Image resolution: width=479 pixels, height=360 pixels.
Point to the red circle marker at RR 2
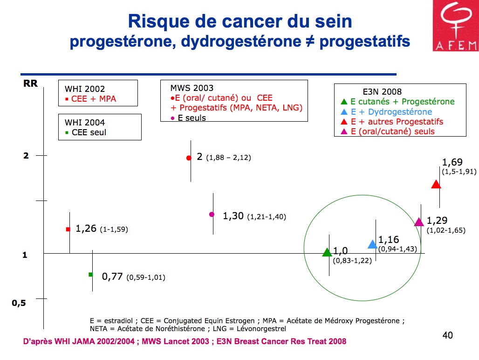(189, 158)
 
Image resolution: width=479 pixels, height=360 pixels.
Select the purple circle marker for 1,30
(212, 215)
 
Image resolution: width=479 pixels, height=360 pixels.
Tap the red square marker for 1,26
(68, 229)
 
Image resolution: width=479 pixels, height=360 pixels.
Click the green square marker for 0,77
(91, 274)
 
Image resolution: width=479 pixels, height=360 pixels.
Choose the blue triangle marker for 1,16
(373, 244)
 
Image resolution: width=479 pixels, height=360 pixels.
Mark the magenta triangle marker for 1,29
(419, 222)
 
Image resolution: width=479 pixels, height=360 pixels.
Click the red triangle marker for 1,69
(436, 184)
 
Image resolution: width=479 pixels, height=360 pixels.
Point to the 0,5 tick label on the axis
(19, 303)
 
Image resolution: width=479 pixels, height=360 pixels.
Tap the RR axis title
(30, 84)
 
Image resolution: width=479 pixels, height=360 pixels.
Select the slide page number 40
(448, 335)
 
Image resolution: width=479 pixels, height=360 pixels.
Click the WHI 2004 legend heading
(85, 123)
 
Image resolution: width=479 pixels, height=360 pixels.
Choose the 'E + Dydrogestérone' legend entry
(387, 112)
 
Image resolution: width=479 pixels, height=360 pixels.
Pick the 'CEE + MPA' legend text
(94, 99)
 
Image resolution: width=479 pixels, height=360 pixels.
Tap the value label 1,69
(452, 162)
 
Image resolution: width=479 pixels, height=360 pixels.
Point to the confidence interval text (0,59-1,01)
(146, 277)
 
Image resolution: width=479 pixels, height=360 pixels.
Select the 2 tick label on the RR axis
(26, 156)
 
